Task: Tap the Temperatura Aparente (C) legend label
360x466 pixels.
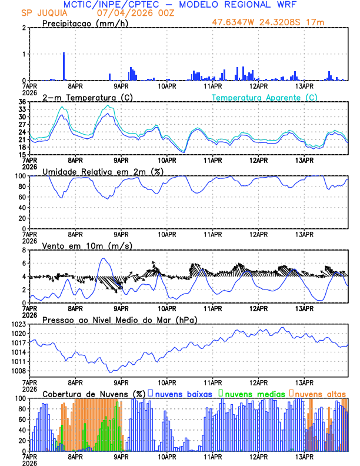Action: tap(265, 97)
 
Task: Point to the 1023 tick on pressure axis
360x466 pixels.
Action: tap(18, 324)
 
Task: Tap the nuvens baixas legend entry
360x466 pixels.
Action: tap(182, 393)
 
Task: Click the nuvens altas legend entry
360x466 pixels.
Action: tap(320, 393)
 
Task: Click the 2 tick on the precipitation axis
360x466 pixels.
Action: tap(24, 28)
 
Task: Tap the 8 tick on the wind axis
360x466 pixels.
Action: tap(24, 250)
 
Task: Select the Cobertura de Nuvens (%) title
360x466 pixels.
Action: tap(94, 393)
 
